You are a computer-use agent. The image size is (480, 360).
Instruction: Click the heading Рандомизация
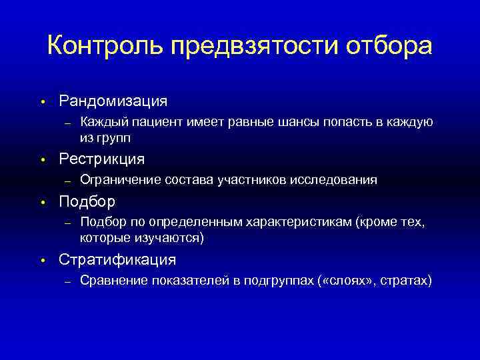pyautogui.click(x=113, y=101)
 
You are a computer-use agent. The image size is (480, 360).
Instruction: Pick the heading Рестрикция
pyautogui.click(x=101, y=159)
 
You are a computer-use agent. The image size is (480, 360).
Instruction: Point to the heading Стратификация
pyautogui.click(x=117, y=259)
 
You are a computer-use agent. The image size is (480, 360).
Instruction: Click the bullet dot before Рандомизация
pyautogui.click(x=41, y=102)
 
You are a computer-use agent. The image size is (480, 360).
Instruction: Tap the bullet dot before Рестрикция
pyautogui.click(x=41, y=161)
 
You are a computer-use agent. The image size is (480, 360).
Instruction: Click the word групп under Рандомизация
pyautogui.click(x=114, y=138)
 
